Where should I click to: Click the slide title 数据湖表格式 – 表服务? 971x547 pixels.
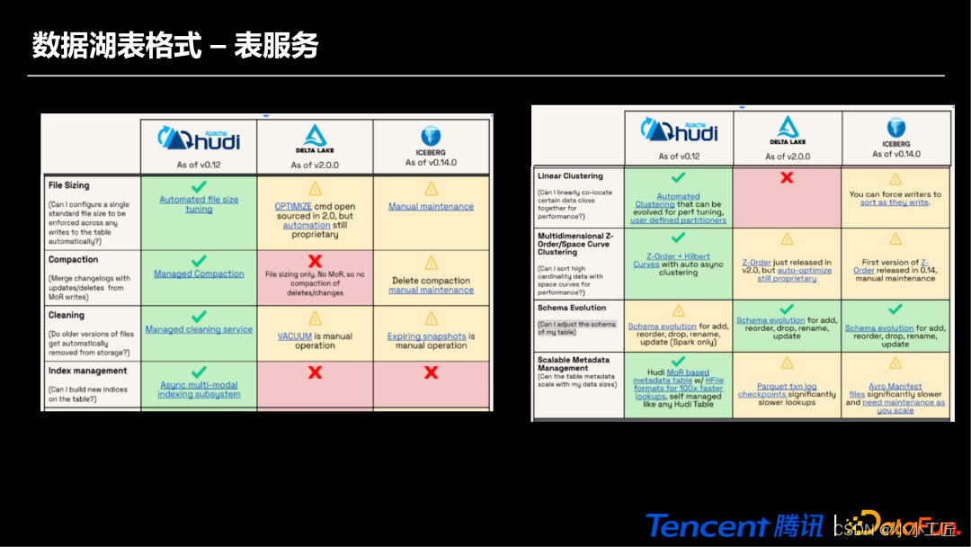coord(175,45)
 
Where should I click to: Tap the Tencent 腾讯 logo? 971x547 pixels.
coord(734,525)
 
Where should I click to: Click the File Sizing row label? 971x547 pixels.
coord(68,185)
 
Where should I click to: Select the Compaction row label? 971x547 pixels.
coord(74,259)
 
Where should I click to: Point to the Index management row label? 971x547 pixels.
coord(88,371)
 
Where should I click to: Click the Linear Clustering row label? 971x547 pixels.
coord(570,176)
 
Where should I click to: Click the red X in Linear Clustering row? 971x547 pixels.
coord(787,178)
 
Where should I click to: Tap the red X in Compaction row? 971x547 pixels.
coord(315,260)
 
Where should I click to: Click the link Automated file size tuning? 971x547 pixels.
coord(199,204)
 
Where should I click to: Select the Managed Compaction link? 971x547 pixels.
coord(199,273)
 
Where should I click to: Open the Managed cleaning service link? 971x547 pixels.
coord(199,329)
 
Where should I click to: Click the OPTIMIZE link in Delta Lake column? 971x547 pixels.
coord(293,206)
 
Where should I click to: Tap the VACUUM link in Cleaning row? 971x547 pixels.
coord(295,336)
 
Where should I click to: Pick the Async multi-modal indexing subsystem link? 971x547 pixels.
coord(199,390)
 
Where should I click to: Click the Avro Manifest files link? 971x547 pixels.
coord(890,390)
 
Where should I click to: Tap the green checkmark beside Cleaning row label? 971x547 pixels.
coord(199,316)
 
